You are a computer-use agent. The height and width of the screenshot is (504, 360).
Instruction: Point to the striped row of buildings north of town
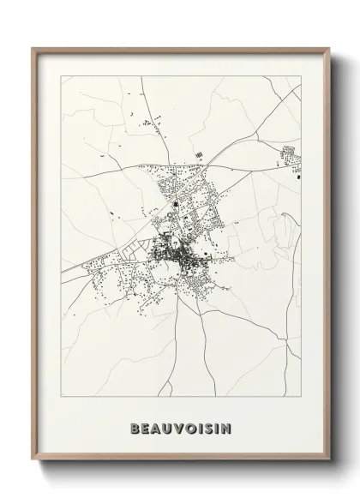[200, 155]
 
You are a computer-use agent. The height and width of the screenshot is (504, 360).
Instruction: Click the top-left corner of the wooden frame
[33, 48]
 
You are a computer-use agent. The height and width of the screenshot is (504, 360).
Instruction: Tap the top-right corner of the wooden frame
[327, 48]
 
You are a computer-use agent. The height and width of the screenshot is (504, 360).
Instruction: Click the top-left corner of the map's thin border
[59, 75]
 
